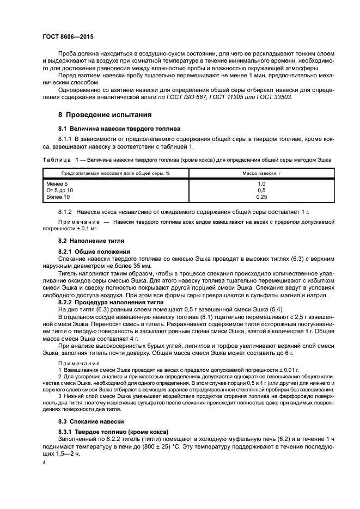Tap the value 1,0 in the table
[261, 184]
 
